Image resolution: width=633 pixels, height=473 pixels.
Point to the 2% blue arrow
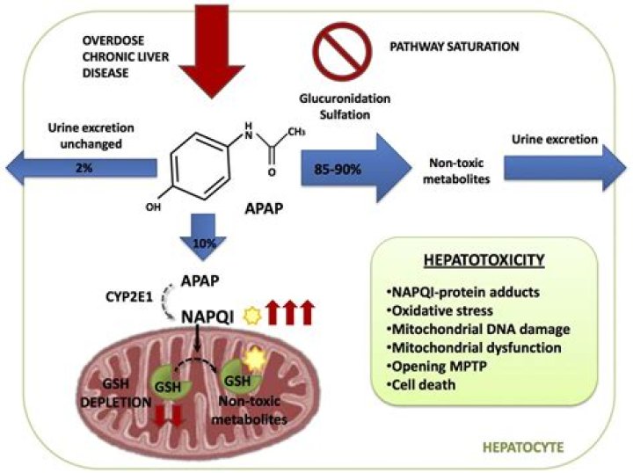(x=79, y=167)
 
